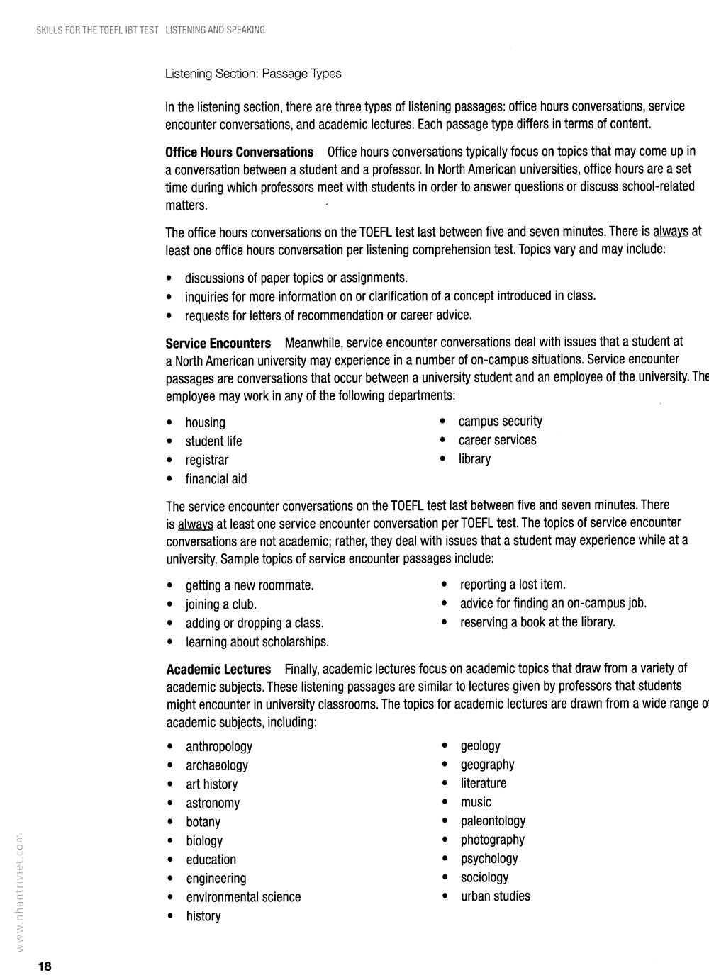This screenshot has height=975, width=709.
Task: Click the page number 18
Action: click(x=45, y=966)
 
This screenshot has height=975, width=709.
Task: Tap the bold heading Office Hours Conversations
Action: click(x=239, y=152)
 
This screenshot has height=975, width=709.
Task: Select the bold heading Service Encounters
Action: click(x=218, y=344)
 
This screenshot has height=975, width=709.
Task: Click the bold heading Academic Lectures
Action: click(x=218, y=670)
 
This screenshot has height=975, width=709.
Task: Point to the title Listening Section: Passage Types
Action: click(x=253, y=74)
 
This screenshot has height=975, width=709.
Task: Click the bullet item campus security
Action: click(x=500, y=422)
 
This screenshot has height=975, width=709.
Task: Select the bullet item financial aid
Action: click(x=216, y=479)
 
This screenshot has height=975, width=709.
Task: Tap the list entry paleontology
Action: click(x=493, y=821)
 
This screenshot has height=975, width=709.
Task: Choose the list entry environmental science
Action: click(x=243, y=897)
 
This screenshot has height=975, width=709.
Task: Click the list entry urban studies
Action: click(x=495, y=896)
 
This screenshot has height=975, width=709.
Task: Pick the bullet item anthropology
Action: click(x=218, y=747)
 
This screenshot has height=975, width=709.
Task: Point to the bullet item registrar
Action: click(x=206, y=461)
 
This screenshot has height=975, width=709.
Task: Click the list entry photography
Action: click(x=492, y=840)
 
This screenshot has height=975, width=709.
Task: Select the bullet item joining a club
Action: click(x=220, y=604)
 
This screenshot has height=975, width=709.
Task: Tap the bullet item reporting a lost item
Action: click(x=512, y=585)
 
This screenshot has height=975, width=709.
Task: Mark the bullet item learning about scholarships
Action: click(x=257, y=642)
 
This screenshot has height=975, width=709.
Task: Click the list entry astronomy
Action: click(x=213, y=804)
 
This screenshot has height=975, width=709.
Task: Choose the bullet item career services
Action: click(x=497, y=440)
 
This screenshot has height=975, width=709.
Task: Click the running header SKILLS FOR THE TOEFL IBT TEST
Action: click(x=97, y=30)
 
